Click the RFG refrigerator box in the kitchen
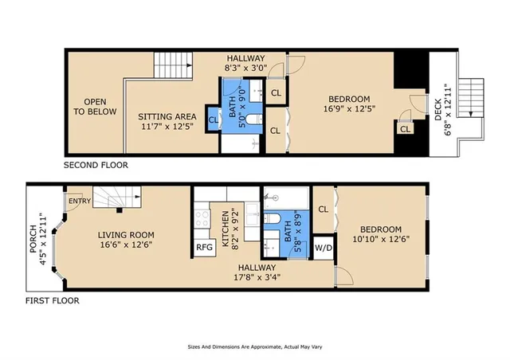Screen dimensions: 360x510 204,247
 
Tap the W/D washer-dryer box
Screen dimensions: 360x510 324,247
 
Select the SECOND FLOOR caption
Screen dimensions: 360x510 96,166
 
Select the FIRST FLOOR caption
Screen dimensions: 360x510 52,301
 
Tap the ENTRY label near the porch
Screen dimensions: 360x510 80,201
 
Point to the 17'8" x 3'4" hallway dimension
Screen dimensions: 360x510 256,278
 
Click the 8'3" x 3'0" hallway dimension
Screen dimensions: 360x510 245,69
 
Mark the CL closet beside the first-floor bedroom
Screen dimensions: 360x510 324,209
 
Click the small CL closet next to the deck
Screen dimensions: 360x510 405,129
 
